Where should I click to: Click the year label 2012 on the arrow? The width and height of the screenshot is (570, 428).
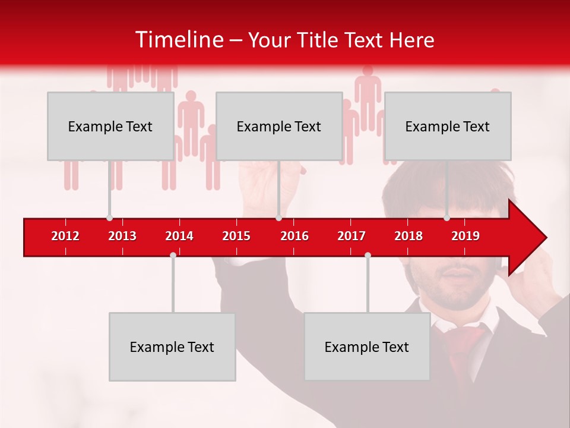[65, 236]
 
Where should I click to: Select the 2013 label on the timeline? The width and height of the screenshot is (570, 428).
[122, 236]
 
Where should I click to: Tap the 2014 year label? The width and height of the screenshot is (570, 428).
[179, 236]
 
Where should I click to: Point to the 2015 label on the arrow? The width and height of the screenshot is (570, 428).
[236, 236]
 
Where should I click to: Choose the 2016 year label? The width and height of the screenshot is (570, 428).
[294, 236]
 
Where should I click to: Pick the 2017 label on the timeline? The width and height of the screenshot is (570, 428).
[351, 236]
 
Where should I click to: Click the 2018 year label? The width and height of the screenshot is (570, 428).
[408, 236]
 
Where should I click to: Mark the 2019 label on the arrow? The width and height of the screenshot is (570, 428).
[465, 236]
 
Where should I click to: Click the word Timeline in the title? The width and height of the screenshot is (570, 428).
[179, 40]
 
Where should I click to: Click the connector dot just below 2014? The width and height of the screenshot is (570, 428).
[173, 255]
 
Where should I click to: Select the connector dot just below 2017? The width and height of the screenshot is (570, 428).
[368, 255]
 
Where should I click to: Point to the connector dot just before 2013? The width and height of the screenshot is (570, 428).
[109, 218]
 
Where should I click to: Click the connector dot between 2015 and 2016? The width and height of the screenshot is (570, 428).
[278, 218]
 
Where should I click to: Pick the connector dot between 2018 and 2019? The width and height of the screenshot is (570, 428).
[446, 218]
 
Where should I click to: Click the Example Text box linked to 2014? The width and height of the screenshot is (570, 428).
[172, 347]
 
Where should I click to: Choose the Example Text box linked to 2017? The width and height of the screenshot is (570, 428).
[367, 347]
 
